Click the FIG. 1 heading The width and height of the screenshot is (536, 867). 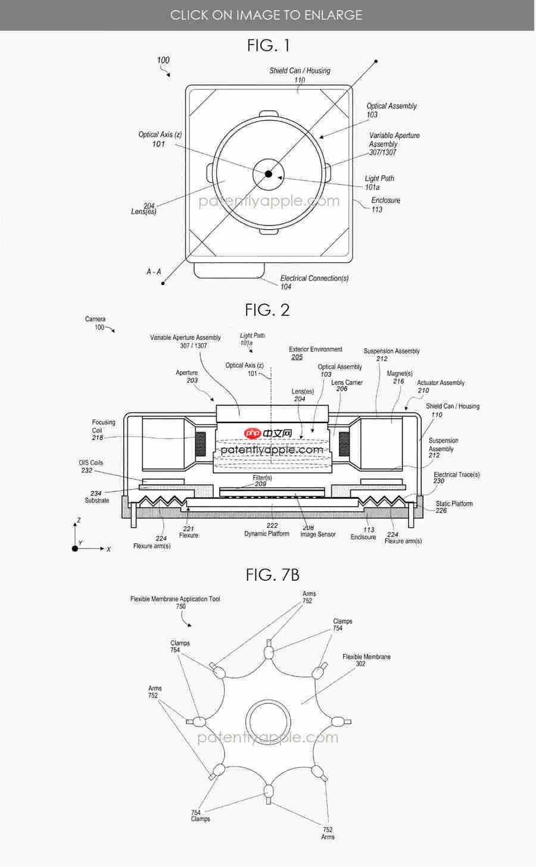[x=268, y=45]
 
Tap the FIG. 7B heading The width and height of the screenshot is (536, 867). [x=272, y=575]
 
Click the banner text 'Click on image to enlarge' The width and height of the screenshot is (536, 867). [x=266, y=15]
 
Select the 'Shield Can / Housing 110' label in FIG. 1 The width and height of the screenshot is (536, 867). [x=300, y=75]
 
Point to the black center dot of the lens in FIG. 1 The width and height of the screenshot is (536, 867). [x=269, y=174]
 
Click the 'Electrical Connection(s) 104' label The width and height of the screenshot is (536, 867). [x=314, y=282]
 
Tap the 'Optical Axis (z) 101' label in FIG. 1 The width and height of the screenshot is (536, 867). [x=160, y=139]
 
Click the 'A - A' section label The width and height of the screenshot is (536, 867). [x=154, y=271]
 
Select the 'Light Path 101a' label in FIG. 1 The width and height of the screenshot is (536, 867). [x=379, y=183]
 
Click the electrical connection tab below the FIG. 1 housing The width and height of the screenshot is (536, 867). [x=229, y=270]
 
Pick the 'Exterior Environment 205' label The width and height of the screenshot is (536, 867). [x=315, y=353]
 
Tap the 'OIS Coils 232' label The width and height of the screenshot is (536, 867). [x=91, y=466]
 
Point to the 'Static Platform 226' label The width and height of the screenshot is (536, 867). [x=453, y=507]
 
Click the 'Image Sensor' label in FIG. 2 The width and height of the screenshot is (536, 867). [x=317, y=534]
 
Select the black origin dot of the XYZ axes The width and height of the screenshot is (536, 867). [x=75, y=548]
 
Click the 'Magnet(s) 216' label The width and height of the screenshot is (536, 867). [x=399, y=377]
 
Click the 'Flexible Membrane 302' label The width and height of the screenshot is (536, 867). [x=366, y=660]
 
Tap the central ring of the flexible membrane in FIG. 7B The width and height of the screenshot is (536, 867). [x=269, y=722]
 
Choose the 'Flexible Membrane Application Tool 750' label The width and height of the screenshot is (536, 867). [x=175, y=602]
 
